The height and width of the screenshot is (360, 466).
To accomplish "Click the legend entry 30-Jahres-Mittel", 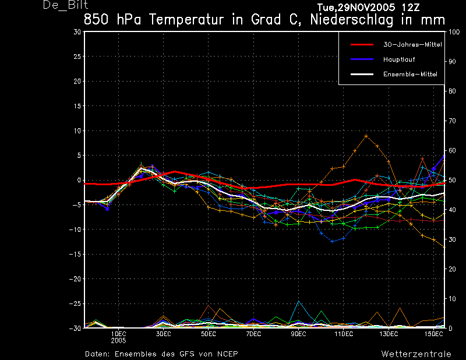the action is click(412, 45).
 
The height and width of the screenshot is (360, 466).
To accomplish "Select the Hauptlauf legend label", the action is click(399, 59).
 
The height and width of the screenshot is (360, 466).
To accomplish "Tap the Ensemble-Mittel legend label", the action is click(410, 75).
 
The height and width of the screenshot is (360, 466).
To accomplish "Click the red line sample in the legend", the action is click(362, 45).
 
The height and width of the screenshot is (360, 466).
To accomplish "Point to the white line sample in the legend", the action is click(362, 75).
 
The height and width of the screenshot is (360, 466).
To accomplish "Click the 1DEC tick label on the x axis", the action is click(119, 334).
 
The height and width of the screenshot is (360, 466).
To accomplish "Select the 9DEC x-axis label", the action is click(298, 334).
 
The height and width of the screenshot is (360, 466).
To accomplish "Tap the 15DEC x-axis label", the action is click(433, 334).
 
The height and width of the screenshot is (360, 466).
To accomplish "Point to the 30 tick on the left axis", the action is click(77, 32).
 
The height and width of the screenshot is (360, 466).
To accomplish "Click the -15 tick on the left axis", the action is click(75, 254).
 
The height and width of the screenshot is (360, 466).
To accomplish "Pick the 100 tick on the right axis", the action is click(454, 32).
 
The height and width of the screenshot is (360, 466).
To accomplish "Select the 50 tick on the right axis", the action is click(452, 180).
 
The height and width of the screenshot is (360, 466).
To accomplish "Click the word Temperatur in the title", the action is click(186, 20).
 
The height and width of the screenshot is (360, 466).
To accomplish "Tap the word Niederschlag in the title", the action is click(352, 20).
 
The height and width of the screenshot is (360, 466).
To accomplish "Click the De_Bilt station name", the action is click(65, 5).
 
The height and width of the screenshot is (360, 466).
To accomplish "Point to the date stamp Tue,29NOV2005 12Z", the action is click(369, 8).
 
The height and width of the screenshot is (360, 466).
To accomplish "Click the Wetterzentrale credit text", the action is click(416, 354).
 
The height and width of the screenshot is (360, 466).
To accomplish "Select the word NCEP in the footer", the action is click(227, 354).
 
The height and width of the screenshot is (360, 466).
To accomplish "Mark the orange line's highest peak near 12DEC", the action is click(366, 136).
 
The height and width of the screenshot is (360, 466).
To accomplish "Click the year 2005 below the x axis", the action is click(119, 341).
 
